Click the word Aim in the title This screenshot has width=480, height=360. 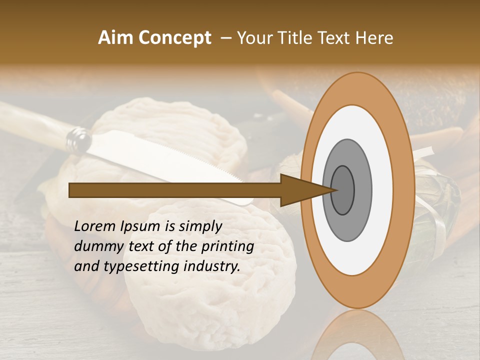115,38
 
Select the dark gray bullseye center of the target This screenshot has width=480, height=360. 342,190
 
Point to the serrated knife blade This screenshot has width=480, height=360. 165,155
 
